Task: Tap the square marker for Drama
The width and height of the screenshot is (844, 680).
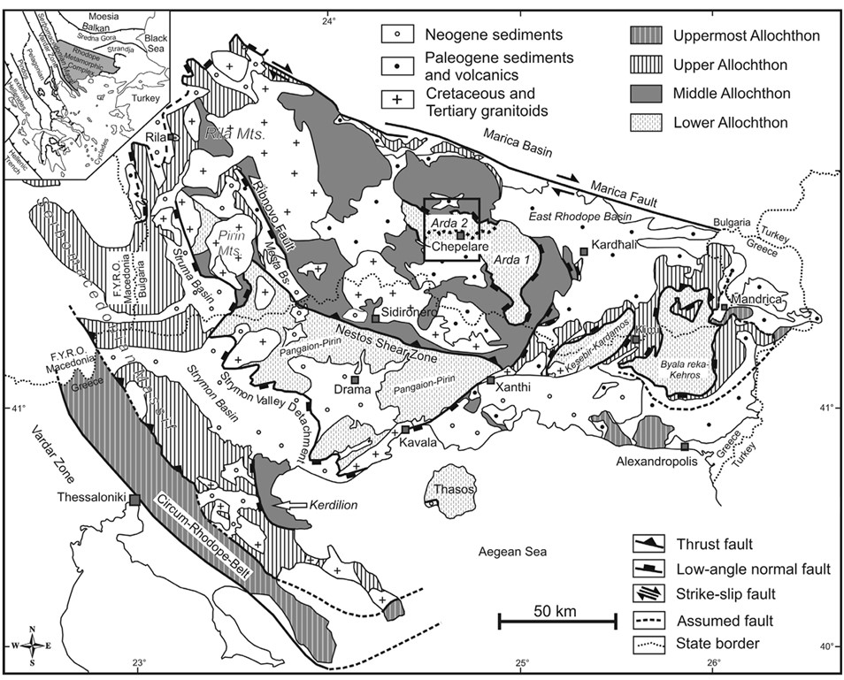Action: pyautogui.click(x=356, y=378)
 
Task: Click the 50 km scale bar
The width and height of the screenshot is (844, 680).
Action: pyautogui.click(x=556, y=623)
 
